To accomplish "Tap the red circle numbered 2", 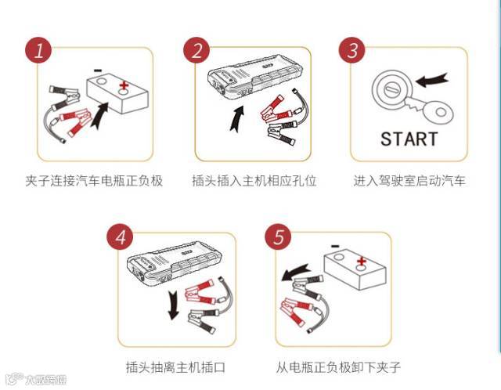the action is coord(196,52).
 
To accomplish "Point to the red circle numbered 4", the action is coord(119,237).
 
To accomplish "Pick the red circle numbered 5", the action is coord(278,237).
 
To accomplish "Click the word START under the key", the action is coord(409,139).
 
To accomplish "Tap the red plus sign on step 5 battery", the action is coord(362,262).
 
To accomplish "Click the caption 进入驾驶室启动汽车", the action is coord(409,181).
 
